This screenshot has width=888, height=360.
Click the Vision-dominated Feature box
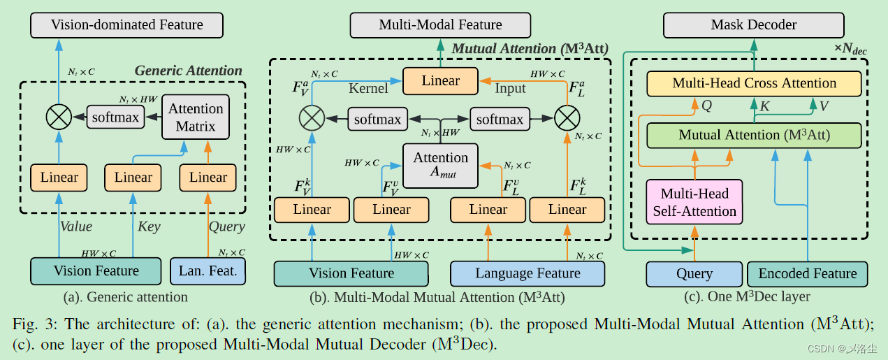pos(126,25)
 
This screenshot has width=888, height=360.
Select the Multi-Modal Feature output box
pos(440,25)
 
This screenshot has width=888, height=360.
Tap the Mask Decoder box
pos(753,25)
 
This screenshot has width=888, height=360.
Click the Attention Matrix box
pos(196,117)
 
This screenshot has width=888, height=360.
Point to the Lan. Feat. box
pos(208,271)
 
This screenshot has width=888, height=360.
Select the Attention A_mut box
pos(440,166)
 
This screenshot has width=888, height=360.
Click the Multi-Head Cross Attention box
pos(754,83)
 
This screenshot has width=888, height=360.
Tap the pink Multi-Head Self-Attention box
pos(694,203)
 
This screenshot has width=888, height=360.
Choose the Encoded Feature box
pos(807,274)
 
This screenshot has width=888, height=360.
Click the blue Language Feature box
pos(527,273)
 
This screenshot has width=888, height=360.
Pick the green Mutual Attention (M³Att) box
pos(754,135)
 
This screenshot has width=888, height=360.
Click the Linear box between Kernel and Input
pos(440,80)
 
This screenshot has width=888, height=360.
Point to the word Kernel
pos(367,89)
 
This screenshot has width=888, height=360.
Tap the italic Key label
pos(149,226)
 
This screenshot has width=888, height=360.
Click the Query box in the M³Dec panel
pos(694,274)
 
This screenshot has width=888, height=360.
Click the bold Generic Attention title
pos(188,71)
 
